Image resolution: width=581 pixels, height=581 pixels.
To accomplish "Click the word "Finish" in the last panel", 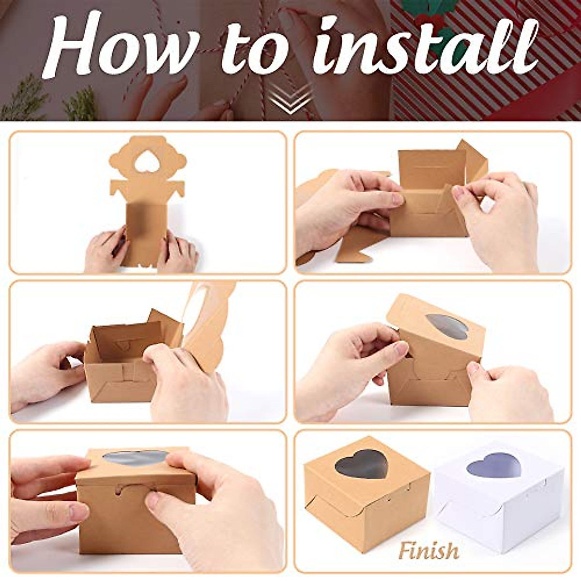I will (429, 550).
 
